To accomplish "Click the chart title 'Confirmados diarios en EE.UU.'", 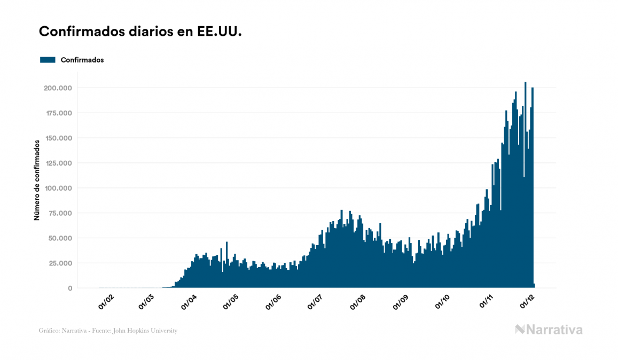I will click(x=140, y=32).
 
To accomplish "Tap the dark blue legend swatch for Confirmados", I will click(x=48, y=60).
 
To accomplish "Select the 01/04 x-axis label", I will click(x=190, y=302).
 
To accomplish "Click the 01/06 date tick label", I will click(x=273, y=302).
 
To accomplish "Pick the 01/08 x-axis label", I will click(x=357, y=302).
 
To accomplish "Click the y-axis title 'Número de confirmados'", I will click(x=37, y=180).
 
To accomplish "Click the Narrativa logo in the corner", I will click(x=549, y=330).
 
